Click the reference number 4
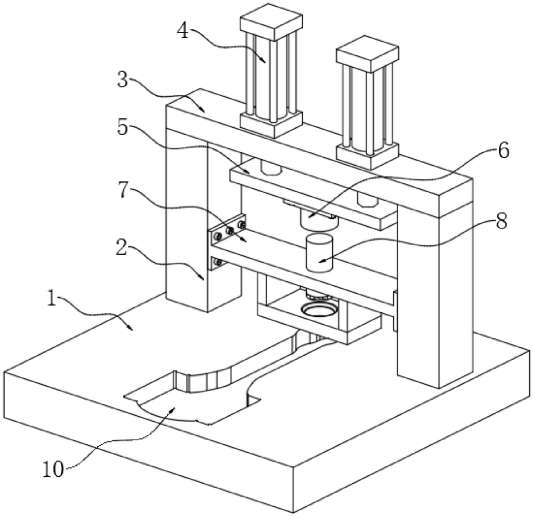tap(183, 31)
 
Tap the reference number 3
tap(123, 80)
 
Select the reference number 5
tap(123, 127)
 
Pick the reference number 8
tap(501, 221)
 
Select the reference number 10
tap(53, 469)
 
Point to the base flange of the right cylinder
tap(368, 157)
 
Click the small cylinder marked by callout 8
tap(319, 253)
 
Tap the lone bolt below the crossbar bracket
tap(218, 263)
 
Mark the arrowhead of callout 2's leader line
tap(203, 279)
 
